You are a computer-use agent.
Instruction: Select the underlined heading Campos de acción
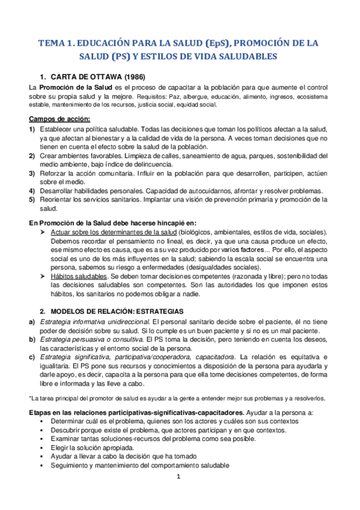[59, 118]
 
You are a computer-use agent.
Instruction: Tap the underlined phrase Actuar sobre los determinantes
[114, 232]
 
